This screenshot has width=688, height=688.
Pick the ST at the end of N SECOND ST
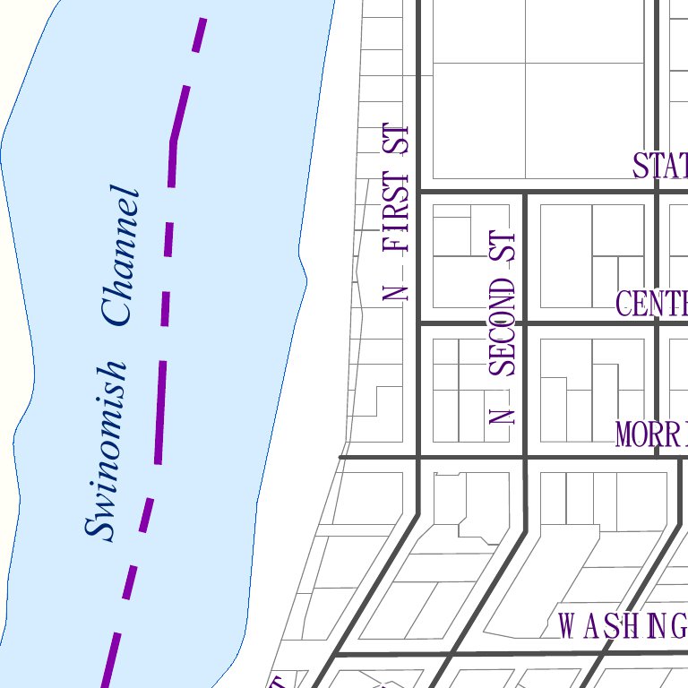click(503, 247)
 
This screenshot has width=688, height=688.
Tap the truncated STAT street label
click(660, 167)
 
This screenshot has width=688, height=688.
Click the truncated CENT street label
click(651, 304)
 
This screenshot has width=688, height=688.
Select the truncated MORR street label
click(651, 434)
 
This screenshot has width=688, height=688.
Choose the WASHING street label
click(623, 626)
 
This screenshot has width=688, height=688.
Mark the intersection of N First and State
click(418, 191)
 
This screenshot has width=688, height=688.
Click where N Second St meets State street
click(524, 191)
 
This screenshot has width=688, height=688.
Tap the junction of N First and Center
click(418, 322)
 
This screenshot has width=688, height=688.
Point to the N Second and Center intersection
click(524, 322)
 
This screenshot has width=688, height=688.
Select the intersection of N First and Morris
click(418, 457)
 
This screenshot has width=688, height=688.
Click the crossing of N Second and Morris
click(524, 457)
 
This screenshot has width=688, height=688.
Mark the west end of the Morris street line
click(340, 457)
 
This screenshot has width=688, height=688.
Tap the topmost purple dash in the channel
click(201, 35)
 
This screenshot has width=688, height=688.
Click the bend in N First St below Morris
click(418, 514)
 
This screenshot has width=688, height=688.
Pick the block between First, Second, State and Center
click(471, 257)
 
